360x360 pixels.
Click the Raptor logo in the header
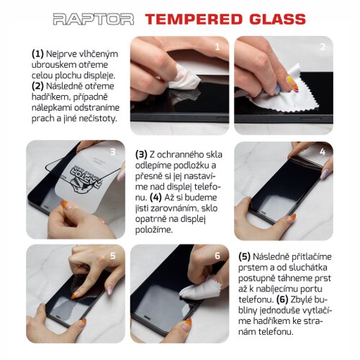(x=93, y=19)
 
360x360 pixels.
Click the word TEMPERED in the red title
(x=194, y=19)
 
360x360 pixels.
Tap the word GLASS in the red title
(x=278, y=19)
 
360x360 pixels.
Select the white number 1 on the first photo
(x=217, y=47)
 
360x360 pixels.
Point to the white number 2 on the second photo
(x=323, y=47)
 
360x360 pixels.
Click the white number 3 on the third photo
(x=112, y=152)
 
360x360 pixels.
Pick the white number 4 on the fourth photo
(x=323, y=152)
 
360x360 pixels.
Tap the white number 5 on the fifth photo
(x=113, y=256)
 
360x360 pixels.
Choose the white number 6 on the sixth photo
(x=217, y=256)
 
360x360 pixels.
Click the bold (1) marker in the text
(x=37, y=54)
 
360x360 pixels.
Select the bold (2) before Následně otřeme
(x=37, y=86)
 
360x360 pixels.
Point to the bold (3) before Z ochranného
(x=141, y=155)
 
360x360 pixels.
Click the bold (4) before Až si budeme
(x=156, y=197)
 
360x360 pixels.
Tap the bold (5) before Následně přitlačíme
(x=244, y=256)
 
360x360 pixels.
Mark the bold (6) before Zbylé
(x=282, y=300)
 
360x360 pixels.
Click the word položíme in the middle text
(x=154, y=230)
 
